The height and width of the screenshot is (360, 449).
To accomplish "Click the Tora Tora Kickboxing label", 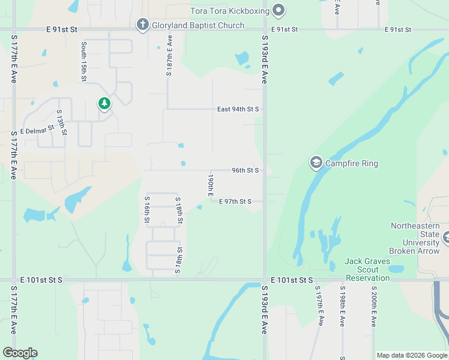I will click(228, 10).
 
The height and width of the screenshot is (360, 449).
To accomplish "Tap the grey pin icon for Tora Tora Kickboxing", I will click(278, 10).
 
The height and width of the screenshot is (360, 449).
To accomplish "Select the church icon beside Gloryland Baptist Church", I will click(142, 25).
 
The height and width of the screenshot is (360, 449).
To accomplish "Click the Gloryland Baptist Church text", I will click(198, 25).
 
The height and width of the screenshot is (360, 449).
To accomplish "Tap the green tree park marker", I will click(104, 104).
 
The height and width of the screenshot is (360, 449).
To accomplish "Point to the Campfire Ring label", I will click(352, 163).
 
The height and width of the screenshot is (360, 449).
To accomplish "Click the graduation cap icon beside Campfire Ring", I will click(316, 163).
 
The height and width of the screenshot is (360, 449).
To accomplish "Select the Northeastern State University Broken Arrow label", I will click(415, 238).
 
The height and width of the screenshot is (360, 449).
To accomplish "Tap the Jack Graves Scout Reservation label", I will click(367, 269).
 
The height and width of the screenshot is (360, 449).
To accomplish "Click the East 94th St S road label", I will click(238, 109).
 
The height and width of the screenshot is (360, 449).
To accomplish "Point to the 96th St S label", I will click(245, 170).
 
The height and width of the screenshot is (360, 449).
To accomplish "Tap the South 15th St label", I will click(85, 62).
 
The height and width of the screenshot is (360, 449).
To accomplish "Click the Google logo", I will click(20, 353).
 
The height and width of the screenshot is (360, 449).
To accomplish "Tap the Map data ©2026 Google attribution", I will click(411, 355).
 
